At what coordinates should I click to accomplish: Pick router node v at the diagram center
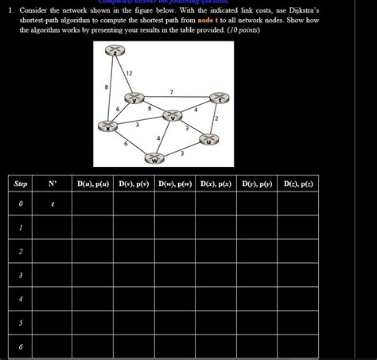[x=171, y=116]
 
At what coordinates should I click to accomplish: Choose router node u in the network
[x=208, y=141]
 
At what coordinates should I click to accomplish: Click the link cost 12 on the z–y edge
[x=129, y=73]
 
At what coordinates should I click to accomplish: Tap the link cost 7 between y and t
[x=172, y=93]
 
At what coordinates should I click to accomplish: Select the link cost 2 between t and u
[x=216, y=118]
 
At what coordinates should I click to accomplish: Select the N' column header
[x=52, y=184]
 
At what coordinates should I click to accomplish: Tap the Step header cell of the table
[x=21, y=184]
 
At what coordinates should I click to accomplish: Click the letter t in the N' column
[x=52, y=204]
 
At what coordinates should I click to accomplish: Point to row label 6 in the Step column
[x=21, y=346]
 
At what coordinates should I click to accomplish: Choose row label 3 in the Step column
[x=21, y=276]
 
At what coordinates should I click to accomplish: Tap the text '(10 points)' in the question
[x=247, y=29]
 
